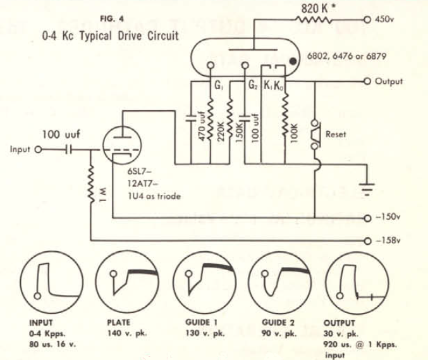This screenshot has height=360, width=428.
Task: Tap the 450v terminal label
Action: (385, 20)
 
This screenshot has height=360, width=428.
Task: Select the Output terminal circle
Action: (367, 81)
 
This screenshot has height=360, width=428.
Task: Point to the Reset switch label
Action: (336, 135)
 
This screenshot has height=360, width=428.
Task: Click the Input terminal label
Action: (21, 150)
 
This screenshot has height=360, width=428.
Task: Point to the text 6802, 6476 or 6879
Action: (353, 56)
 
